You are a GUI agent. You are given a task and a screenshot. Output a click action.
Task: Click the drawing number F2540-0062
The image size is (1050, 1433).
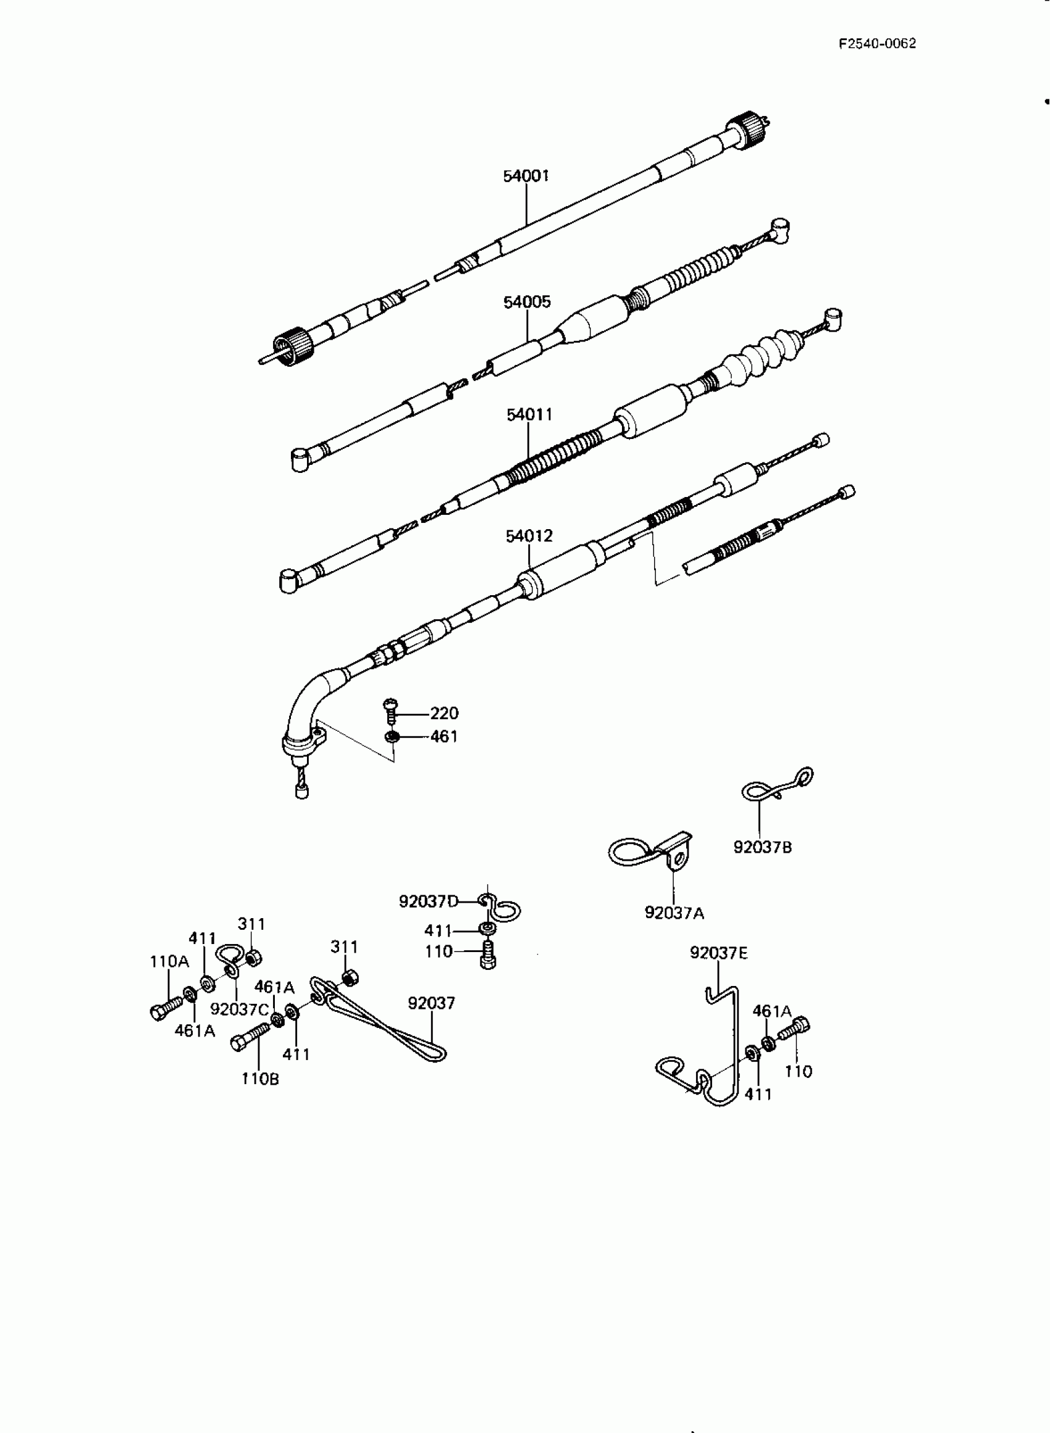876,43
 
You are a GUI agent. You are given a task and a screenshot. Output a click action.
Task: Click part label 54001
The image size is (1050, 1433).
526,176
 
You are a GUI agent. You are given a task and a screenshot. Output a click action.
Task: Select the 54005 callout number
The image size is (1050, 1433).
527,302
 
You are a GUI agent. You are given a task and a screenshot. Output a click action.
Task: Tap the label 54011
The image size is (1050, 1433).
529,415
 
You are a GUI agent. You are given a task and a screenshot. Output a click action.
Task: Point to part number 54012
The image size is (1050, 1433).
529,536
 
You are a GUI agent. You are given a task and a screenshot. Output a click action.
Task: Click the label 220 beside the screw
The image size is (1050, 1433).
443,713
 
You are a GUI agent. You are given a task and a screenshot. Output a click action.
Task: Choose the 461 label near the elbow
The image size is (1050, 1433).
443,736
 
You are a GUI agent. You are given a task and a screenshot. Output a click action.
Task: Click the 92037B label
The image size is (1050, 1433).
762,846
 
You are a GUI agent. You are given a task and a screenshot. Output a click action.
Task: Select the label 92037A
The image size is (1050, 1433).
674,913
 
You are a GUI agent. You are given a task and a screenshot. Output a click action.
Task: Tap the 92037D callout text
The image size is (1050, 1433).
428,901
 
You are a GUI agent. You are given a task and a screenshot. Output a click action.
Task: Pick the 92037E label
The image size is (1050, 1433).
718,953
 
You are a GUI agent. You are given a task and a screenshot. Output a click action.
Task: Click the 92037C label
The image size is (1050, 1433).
239,1009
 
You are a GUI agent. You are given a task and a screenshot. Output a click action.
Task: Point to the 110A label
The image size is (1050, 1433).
169,962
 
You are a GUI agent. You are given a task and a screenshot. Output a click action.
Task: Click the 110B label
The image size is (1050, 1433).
259,1079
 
